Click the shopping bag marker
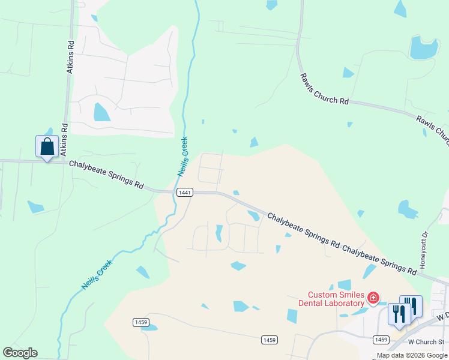click(x=47, y=146)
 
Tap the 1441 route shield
click(x=184, y=192)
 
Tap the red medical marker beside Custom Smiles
click(x=374, y=298)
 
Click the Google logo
click(x=20, y=353)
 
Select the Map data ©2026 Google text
click(x=412, y=356)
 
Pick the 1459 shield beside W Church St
click(x=381, y=340)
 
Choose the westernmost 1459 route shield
click(x=140, y=322)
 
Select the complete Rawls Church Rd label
click(x=325, y=89)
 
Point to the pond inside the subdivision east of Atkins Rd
click(x=101, y=112)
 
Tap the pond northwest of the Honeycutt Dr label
click(x=408, y=209)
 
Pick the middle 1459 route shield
click(x=270, y=340)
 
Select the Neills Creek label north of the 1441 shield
click(x=183, y=157)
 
